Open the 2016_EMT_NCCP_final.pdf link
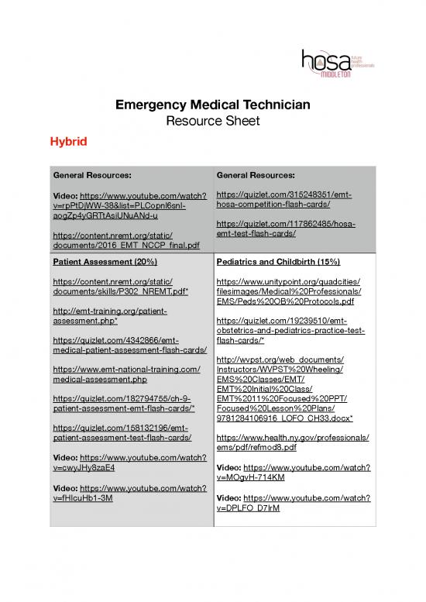121,244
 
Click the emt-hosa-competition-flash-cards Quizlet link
284,198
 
